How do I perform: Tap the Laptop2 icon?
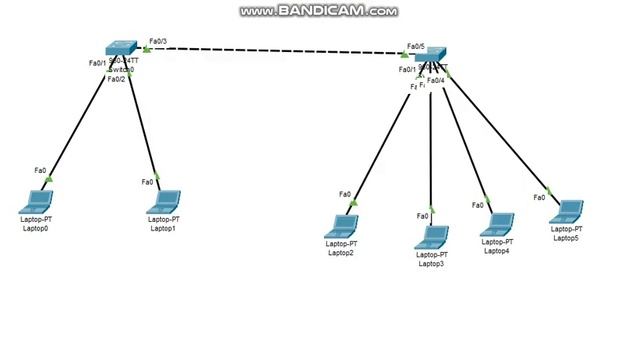pyautogui.click(x=342, y=226)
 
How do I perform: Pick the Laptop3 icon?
pyautogui.click(x=432, y=238)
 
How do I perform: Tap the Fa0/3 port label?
pyautogui.click(x=157, y=41)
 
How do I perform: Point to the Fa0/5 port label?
pyautogui.click(x=415, y=46)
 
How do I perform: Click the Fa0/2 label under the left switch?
pyautogui.click(x=116, y=78)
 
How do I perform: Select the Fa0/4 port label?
pyautogui.click(x=436, y=80)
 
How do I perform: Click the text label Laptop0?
pyautogui.click(x=35, y=229)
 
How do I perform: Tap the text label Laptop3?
pyautogui.click(x=431, y=264)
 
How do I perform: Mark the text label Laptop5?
pyautogui.click(x=566, y=238)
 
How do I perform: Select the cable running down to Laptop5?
pyautogui.click(x=500, y=130)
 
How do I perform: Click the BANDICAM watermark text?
pyautogui.click(x=319, y=12)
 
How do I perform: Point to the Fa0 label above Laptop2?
pyautogui.click(x=345, y=194)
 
